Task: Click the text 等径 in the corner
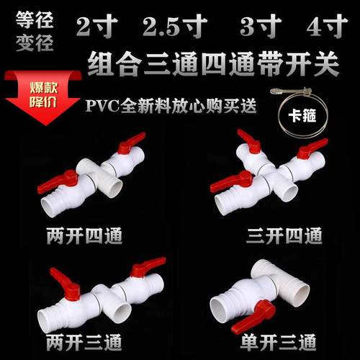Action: (33, 17)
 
